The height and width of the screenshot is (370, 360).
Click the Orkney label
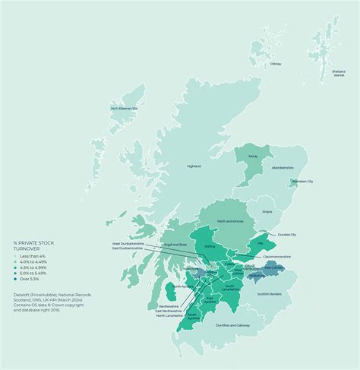coord(276,64)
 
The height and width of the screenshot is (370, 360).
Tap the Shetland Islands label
coord(339,73)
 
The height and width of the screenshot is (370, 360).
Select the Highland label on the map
coord(194,166)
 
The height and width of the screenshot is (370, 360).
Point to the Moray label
coord(253,156)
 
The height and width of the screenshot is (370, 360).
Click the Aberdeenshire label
coord(282,167)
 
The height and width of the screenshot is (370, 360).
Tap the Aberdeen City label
coord(303,182)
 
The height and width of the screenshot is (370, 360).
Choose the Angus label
coord(267,212)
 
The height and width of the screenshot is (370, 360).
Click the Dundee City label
coord(288,235)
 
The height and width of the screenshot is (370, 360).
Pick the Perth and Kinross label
coord(230,220)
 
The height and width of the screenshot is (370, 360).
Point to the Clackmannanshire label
coord(278,257)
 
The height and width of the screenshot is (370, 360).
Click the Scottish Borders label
coord(270,293)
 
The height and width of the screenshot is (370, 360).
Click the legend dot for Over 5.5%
coord(17,280)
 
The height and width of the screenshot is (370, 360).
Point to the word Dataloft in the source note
coord(21,291)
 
